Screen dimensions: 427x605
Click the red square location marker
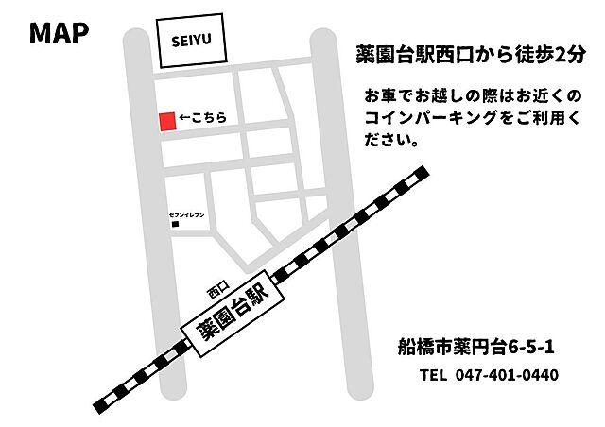click(166, 121)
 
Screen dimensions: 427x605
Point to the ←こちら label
click(202, 120)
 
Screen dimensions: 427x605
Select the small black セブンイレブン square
click(174, 225)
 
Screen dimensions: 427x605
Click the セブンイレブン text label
click(186, 215)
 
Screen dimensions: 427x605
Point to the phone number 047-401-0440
click(507, 375)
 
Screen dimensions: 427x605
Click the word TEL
click(433, 375)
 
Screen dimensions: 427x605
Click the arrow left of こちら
click(185, 120)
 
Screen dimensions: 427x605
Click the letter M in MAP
click(41, 33)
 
